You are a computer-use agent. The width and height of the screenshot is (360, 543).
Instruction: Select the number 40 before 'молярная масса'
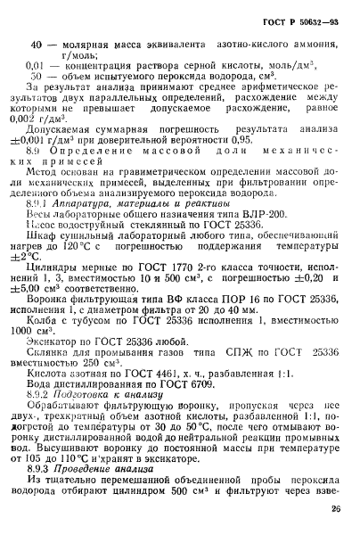tap(37, 44)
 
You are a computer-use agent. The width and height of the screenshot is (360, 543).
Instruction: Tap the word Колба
tap(45, 340)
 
